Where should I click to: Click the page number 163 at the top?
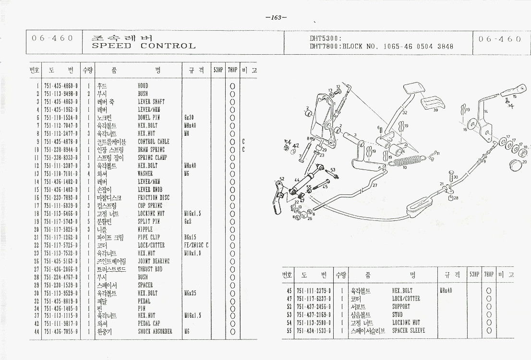click(276, 18)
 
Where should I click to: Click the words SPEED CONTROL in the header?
click(144, 46)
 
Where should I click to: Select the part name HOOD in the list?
click(143, 86)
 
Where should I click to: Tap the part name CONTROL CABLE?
click(154, 142)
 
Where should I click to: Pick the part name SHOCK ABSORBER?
click(155, 331)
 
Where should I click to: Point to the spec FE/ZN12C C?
click(196, 245)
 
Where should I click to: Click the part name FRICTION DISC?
click(153, 197)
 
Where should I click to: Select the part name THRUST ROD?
click(149, 269)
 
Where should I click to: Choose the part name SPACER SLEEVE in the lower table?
click(408, 331)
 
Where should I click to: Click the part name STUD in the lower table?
click(398, 315)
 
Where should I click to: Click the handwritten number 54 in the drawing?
click(288, 142)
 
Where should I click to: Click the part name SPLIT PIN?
click(149, 221)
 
